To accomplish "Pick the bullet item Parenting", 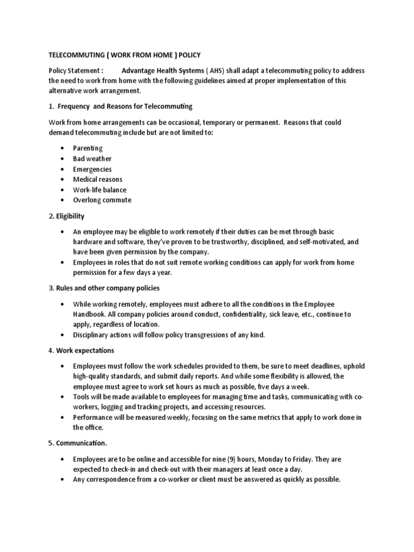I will (x=88, y=148).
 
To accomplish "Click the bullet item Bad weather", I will (x=92, y=158).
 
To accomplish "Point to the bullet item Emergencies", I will (x=92, y=169).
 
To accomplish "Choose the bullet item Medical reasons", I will (x=98, y=180).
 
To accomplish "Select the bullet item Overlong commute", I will (x=102, y=200).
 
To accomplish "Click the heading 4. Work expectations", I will (x=81, y=350).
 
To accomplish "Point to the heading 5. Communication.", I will (x=78, y=444).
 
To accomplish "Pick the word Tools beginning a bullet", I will (x=82, y=397).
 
